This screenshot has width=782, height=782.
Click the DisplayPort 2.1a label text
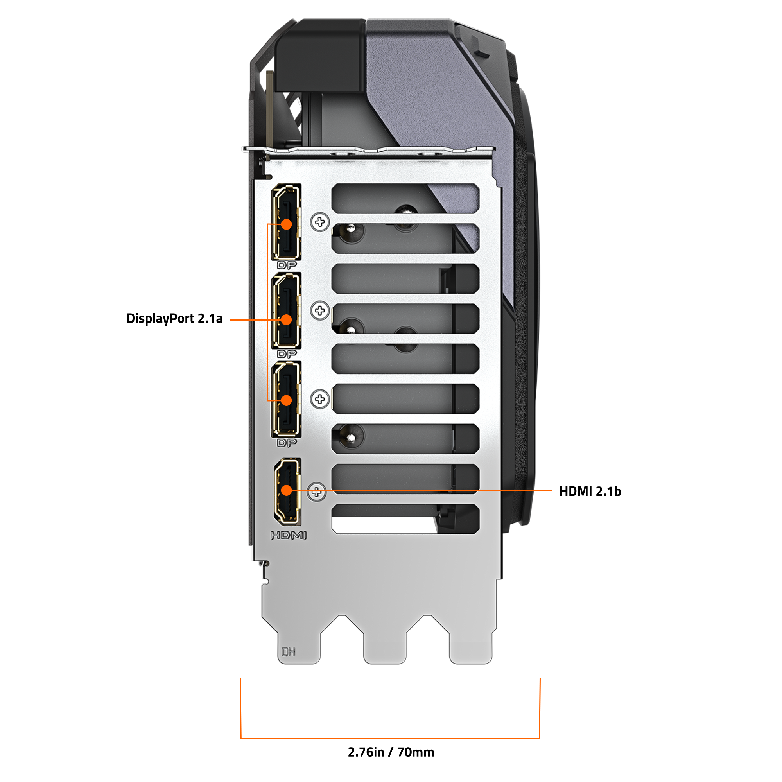point(174,319)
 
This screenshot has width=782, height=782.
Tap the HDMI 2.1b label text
point(590,491)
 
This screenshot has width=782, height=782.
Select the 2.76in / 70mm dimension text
point(391,752)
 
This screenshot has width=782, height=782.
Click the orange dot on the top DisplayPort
point(286,224)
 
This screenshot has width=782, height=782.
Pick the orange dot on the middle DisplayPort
point(286,320)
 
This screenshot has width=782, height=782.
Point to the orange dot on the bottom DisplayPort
point(286,400)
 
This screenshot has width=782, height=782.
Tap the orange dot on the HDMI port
point(286,491)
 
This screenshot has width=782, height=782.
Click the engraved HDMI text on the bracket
point(288,536)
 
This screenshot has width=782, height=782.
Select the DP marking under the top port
point(287,265)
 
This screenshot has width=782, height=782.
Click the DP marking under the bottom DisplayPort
point(287,443)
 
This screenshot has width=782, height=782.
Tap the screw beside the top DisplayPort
point(320,222)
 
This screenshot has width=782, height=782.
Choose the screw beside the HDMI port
point(317,492)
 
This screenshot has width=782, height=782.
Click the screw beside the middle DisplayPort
point(320,310)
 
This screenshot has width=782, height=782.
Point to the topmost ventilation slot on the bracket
point(405,197)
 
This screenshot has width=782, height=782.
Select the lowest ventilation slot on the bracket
point(405,518)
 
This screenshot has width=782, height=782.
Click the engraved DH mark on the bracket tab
point(289,652)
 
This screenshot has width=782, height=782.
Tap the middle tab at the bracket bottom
point(385,644)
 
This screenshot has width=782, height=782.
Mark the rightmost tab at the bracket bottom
point(471,644)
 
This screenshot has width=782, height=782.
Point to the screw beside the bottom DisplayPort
point(320,399)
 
